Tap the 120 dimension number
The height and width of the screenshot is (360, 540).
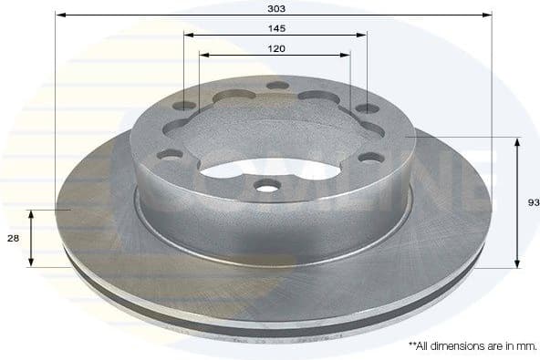[x=276, y=48]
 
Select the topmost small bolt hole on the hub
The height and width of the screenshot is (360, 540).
[x=276, y=87]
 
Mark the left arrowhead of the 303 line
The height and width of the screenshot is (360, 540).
[x=59, y=15]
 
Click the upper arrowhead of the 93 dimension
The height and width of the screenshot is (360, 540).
[x=518, y=142]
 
